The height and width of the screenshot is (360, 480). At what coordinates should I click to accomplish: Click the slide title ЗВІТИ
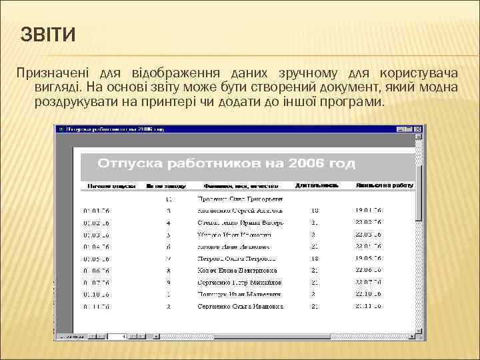[49, 33]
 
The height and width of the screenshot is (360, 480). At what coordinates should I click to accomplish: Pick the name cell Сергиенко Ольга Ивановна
[241, 307]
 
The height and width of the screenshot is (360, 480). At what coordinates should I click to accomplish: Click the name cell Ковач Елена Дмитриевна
[237, 271]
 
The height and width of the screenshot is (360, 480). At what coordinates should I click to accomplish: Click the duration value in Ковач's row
[314, 271]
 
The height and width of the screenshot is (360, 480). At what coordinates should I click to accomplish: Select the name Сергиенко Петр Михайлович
[239, 283]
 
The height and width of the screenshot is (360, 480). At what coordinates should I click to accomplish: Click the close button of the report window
[419, 129]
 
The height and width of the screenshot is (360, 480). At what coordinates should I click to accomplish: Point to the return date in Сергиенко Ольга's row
[368, 307]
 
